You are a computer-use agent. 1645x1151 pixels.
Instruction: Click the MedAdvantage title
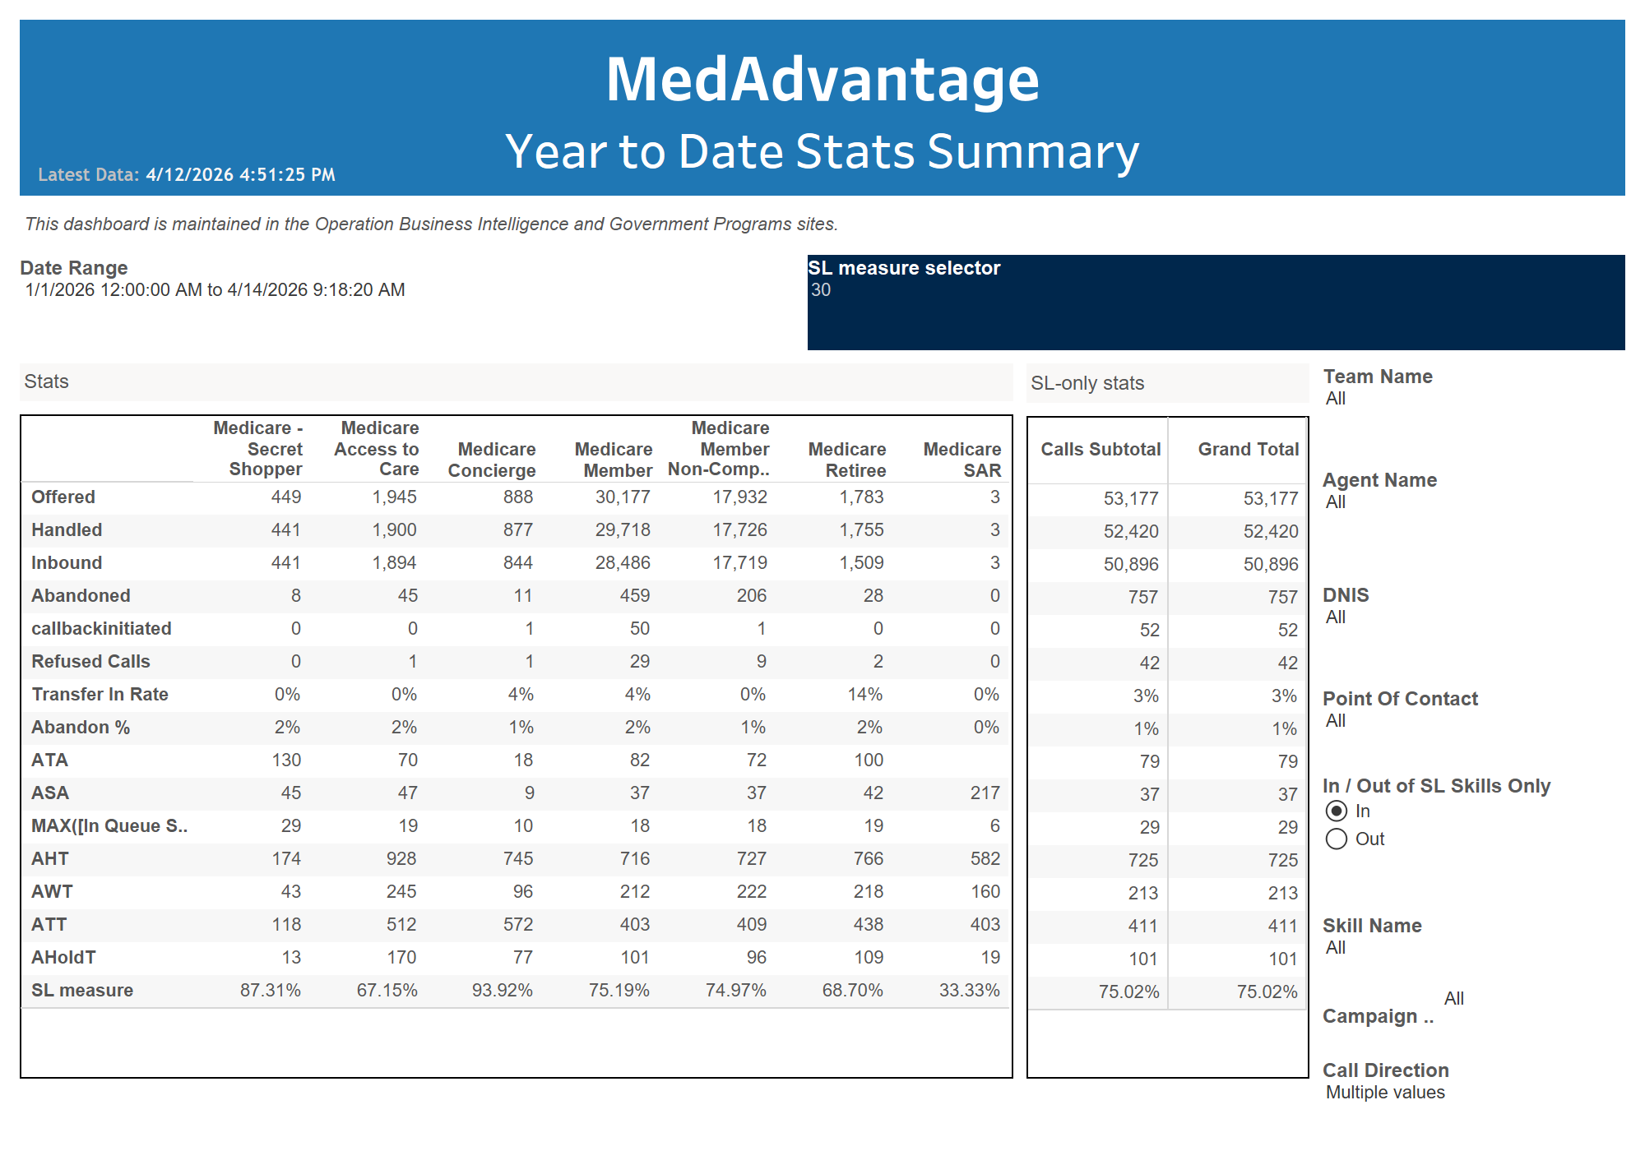822,80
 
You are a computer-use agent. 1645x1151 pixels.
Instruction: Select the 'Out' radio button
1337,839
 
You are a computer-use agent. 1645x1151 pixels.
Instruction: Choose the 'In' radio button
1337,811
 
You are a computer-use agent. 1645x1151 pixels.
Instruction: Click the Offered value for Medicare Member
623,497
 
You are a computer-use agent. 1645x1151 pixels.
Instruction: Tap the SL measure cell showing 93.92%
502,990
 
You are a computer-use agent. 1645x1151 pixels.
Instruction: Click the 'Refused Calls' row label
90,662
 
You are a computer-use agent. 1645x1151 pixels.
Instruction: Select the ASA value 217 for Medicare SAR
985,793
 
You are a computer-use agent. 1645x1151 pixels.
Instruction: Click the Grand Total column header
1248,450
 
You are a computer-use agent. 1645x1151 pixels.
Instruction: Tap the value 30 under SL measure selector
821,290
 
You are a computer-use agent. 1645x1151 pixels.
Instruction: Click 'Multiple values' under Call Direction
1385,1093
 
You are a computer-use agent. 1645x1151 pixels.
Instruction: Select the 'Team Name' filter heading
1378,377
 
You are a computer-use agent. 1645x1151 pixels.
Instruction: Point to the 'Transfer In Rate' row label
100,695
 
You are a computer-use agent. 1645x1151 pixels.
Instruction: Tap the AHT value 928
401,859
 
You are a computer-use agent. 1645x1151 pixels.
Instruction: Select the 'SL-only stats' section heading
1087,383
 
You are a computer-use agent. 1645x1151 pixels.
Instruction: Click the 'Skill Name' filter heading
1372,926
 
